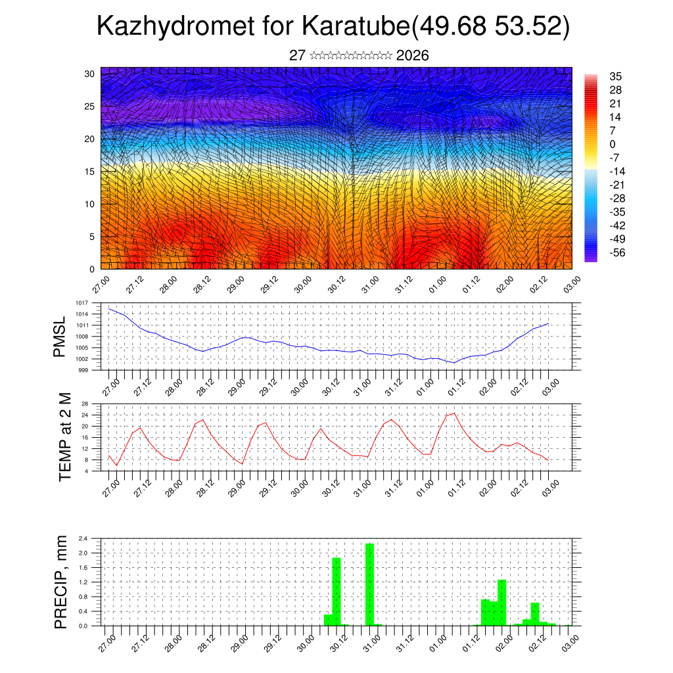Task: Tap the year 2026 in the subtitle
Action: (413, 56)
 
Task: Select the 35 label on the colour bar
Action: (616, 76)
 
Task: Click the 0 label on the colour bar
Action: (613, 144)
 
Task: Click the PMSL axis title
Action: (60, 336)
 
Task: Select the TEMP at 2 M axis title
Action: (64, 436)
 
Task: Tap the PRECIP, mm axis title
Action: (61, 582)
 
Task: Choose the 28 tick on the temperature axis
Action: (85, 404)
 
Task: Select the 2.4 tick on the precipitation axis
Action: (83, 538)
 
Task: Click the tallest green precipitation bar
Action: (369, 585)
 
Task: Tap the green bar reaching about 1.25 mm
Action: (502, 602)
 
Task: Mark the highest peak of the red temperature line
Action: (453, 413)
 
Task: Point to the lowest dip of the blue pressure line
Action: (453, 363)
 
